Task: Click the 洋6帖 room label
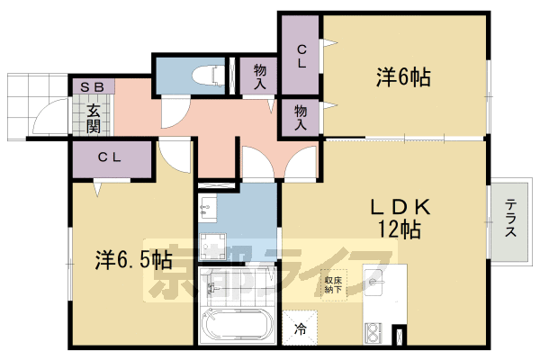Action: point(402,77)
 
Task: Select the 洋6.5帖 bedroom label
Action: point(134,260)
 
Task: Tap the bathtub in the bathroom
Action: point(233,326)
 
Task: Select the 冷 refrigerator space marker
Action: point(300,328)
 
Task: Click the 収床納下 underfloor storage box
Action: point(334,286)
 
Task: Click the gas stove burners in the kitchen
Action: point(375,333)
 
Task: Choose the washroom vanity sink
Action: point(208,208)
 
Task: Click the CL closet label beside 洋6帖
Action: point(299,57)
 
